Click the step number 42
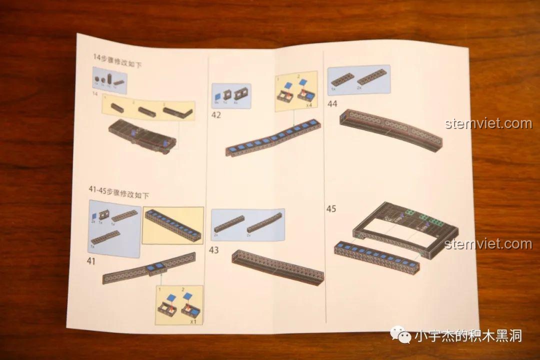(x=216, y=114)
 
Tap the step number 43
(x=214, y=250)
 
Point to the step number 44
(x=332, y=104)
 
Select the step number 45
(x=331, y=208)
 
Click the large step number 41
(x=91, y=260)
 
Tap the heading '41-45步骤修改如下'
(x=118, y=193)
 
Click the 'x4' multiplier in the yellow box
(x=310, y=105)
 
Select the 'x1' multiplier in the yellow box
(x=193, y=321)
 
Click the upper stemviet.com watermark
(x=488, y=123)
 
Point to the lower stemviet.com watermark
(x=488, y=244)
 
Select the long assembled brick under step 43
(x=277, y=267)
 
